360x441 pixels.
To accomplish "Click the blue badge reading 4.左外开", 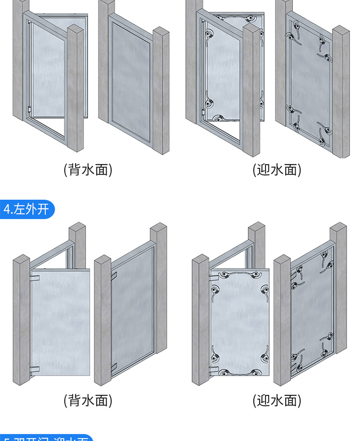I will [x=27, y=209].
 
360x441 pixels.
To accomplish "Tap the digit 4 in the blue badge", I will [x=7, y=210].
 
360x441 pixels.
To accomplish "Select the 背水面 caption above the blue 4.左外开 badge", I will [x=88, y=169].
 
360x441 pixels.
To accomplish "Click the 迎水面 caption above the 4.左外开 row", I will [x=277, y=169].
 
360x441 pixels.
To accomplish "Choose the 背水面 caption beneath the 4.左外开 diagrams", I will [x=88, y=400].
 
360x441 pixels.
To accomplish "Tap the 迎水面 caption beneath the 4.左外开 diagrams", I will [x=277, y=400].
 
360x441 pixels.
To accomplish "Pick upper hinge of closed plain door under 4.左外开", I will [x=115, y=275].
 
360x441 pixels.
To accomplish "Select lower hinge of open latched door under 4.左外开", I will [x=213, y=370].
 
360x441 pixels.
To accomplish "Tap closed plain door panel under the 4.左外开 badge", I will [x=132, y=312].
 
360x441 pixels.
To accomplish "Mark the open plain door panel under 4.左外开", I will [x=60, y=322].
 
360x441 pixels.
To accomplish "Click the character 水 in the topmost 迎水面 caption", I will [x=277, y=169].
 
